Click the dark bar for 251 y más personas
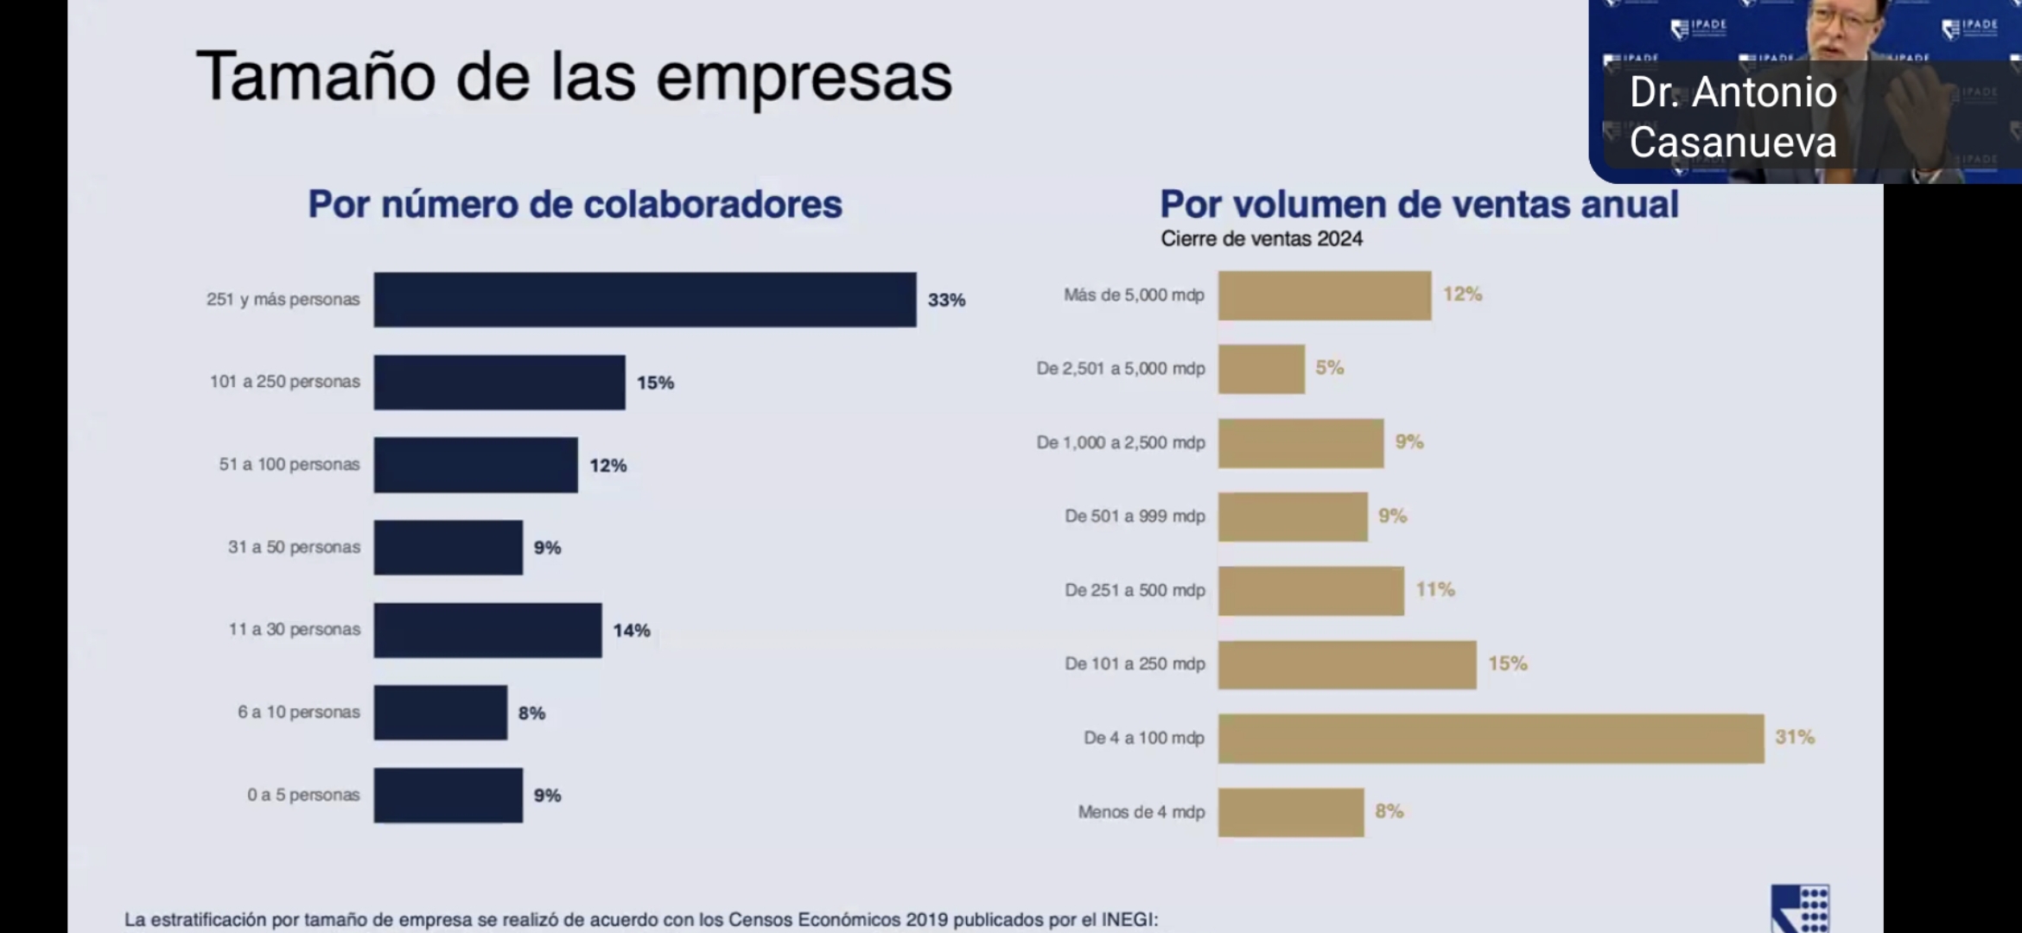point(645,300)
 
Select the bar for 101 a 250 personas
point(499,382)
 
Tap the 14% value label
point(632,631)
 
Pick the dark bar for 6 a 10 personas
point(441,713)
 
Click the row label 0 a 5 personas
point(303,795)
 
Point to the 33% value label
point(946,300)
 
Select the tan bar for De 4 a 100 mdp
point(1491,739)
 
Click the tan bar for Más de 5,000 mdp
point(1325,295)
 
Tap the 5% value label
point(1329,368)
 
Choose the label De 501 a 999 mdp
point(1135,517)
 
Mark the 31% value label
point(1795,737)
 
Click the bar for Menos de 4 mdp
point(1291,812)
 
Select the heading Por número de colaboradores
point(575,205)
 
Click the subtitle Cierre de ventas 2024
point(1262,239)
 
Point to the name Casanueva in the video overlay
point(1733,143)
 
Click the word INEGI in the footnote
point(1127,919)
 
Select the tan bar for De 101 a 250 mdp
point(1347,664)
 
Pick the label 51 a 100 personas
point(289,465)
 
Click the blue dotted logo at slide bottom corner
point(1801,909)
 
